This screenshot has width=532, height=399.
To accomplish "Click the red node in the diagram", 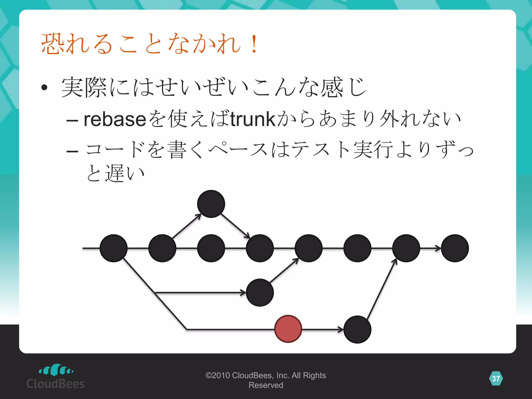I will click(x=288, y=329).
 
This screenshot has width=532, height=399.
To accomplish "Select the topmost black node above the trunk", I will click(x=211, y=204).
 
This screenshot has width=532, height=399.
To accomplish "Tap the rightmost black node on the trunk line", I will click(x=455, y=248).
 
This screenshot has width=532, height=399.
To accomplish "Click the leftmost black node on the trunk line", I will click(x=114, y=248).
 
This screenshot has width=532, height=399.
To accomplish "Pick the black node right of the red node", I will click(x=357, y=329).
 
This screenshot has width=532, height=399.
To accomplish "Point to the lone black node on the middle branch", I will click(x=260, y=292).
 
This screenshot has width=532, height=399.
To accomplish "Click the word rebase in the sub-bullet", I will click(x=115, y=119).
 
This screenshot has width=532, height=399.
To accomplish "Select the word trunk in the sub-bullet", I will click(x=252, y=119).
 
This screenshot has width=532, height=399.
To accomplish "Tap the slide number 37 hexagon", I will click(x=496, y=378).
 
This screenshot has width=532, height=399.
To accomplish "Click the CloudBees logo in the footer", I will click(x=56, y=377).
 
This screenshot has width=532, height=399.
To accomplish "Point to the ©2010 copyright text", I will click(x=265, y=375).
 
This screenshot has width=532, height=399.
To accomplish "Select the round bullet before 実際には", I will click(x=44, y=88).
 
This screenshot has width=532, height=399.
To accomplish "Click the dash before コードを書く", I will click(x=72, y=151).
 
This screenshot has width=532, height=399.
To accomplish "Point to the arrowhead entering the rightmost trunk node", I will click(x=438, y=248).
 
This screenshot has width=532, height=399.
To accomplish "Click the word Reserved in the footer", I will click(x=266, y=385).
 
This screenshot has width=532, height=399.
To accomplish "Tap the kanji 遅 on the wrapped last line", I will click(x=115, y=174).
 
